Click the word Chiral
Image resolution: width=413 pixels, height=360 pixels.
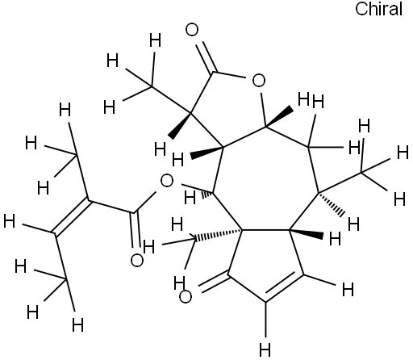pos(378,9)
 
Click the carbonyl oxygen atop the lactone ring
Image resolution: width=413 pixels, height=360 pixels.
pos(192,30)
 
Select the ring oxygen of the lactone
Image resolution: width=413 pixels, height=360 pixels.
pos(259,81)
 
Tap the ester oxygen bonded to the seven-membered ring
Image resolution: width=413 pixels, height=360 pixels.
pos(167,181)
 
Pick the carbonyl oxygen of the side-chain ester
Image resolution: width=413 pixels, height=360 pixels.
pos(137,260)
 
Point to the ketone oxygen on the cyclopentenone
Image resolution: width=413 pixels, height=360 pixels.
pos(186,297)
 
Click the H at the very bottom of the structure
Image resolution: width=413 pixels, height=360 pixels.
pos(265,350)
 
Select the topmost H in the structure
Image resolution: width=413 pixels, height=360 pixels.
pos(156,40)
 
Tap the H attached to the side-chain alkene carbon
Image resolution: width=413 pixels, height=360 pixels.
pos(9,221)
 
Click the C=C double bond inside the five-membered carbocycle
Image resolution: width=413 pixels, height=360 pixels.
pos(284,287)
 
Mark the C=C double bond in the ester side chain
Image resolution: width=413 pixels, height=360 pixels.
pos(71,217)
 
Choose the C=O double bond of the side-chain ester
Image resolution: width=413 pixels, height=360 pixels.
pos(136,229)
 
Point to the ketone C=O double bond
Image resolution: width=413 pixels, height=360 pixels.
pos(215,283)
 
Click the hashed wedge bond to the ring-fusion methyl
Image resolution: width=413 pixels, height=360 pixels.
pos(218,234)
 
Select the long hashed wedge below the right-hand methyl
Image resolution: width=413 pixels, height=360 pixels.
pos(332,203)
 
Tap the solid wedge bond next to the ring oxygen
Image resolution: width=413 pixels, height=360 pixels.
pos(279,116)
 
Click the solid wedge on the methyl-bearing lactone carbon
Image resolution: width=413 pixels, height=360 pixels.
pos(180,126)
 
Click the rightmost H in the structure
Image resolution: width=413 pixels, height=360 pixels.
pos(403,153)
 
